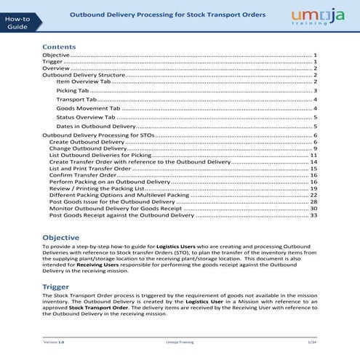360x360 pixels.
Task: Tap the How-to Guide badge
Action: coord(16,22)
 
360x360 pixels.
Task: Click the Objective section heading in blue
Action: coord(60,238)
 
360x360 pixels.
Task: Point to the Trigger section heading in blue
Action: coord(56,287)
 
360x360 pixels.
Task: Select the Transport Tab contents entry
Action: coord(76,99)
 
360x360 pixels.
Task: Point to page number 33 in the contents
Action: coord(313,215)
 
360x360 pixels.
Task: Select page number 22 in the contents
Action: coord(313,195)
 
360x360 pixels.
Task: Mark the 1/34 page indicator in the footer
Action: coord(311,341)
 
